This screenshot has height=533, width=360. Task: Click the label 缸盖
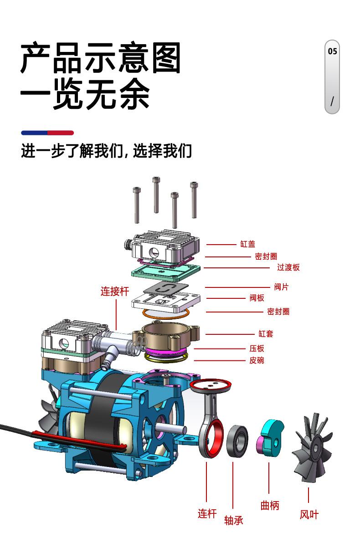(x=247, y=244)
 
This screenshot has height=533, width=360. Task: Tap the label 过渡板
(x=288, y=267)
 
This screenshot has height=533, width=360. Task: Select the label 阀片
(x=281, y=287)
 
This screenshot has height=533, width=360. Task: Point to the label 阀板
(x=257, y=298)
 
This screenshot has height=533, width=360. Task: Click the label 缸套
(x=266, y=333)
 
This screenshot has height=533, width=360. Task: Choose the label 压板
(x=257, y=348)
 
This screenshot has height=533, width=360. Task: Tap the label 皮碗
(x=257, y=360)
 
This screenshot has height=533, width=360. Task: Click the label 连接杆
(x=115, y=291)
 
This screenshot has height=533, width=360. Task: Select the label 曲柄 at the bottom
(x=270, y=506)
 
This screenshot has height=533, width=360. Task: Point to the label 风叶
(x=309, y=514)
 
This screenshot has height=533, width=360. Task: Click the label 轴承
(x=233, y=520)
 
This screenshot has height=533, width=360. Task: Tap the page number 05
(x=333, y=51)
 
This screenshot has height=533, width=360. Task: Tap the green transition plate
(x=165, y=271)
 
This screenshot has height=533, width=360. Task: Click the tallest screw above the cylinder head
(x=156, y=195)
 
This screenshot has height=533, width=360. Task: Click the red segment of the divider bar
(x=61, y=133)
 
